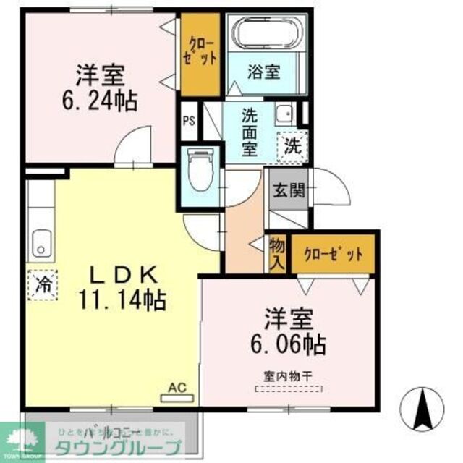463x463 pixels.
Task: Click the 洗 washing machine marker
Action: (x=294, y=145)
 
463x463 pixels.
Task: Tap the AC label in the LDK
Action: (x=177, y=388)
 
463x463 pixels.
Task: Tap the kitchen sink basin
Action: (x=41, y=245)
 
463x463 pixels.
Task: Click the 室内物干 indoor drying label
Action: (x=289, y=375)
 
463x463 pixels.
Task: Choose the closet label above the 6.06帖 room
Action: (x=334, y=254)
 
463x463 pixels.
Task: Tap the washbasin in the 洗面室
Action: (x=285, y=114)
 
